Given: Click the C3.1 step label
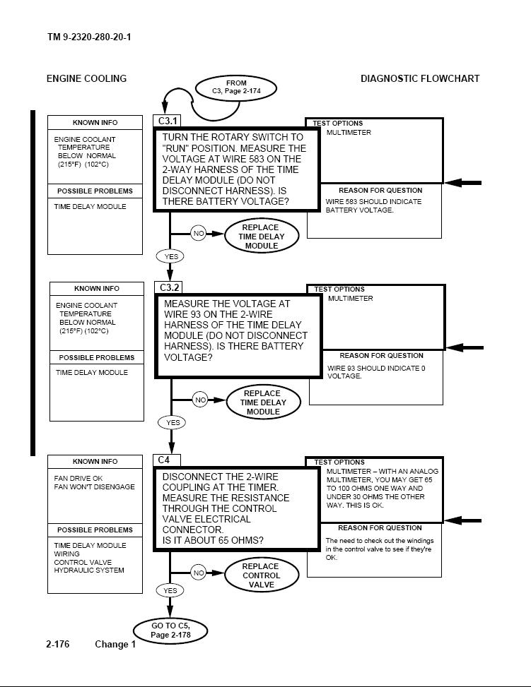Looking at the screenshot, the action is click(x=167, y=121).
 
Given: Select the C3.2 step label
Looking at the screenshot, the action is click(x=168, y=287).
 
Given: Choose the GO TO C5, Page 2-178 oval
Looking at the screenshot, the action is click(x=170, y=631).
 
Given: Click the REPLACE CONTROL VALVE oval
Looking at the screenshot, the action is click(x=262, y=575).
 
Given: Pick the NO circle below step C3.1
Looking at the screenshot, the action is click(x=199, y=233).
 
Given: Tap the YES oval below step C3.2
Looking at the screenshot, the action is click(x=172, y=423).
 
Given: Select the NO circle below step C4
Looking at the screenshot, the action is click(x=199, y=573).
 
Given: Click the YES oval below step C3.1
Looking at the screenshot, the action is click(x=170, y=257).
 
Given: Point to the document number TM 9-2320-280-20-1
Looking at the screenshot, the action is click(x=89, y=37).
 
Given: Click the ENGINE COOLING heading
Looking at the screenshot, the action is click(x=86, y=79).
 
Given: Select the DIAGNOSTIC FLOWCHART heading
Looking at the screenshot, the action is click(x=420, y=79).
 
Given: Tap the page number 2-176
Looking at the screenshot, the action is click(x=57, y=644).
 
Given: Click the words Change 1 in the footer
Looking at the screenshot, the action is click(x=115, y=644).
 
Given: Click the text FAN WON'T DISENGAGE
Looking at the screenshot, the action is click(x=94, y=486).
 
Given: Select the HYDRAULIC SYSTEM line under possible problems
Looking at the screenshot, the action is click(x=89, y=570).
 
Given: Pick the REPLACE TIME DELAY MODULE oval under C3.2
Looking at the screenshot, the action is click(x=263, y=402).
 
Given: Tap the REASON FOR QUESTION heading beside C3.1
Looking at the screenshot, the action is click(x=380, y=191).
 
